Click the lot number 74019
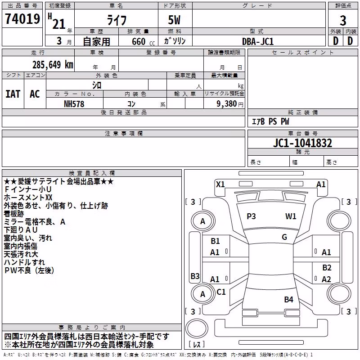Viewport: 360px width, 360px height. pos(22,18)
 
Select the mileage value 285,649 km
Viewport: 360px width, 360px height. pos(53,65)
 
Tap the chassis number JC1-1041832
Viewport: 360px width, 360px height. pos(302,143)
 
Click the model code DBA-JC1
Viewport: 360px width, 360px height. pos(258,41)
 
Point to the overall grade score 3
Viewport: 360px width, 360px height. pos(343,21)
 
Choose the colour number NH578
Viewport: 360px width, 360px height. pos(74,104)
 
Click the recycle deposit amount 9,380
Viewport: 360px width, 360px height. pos(227,104)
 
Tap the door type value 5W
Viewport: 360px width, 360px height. pos(174,20)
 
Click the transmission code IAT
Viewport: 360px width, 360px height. pos(13,94)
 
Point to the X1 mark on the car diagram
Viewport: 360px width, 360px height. pos(220,184)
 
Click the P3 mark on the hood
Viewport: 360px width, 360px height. pos(251,216)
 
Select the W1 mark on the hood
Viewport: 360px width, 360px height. pos(291,216)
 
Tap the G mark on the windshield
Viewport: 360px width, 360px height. pos(284,237)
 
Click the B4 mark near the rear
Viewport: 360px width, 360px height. pos(288,300)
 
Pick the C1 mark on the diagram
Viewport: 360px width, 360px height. pos(221,292)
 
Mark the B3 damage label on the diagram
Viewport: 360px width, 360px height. pos(195,276)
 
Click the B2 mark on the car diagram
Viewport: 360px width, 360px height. pos(327,268)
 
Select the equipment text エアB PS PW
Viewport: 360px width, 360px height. pos(270,121)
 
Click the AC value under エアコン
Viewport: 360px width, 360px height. pos(35,94)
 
